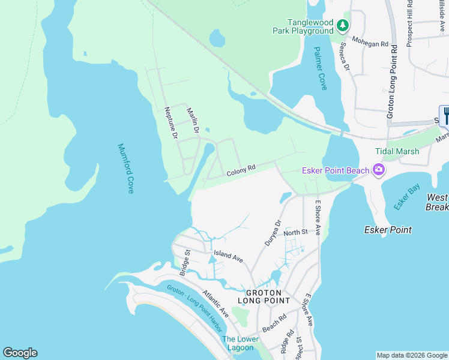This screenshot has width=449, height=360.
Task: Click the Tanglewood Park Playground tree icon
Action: coord(342,25)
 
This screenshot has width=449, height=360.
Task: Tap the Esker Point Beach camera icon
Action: coord(379,171)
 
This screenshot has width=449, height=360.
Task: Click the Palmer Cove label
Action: coord(320,69)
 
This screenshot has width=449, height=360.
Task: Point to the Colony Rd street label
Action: coord(241,171)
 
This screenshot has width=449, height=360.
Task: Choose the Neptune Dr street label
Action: coord(171,124)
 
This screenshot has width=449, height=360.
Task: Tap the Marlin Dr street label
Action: coord(192,119)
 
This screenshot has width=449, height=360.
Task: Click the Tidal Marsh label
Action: coord(397,152)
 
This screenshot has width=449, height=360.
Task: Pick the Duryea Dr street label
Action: coord(273,233)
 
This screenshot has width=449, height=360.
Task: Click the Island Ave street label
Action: coord(228,256)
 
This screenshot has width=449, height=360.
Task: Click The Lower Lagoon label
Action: coord(240,343)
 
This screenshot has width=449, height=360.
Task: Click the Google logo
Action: coord(20,353)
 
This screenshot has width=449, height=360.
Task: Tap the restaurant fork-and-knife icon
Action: coord(445,114)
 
